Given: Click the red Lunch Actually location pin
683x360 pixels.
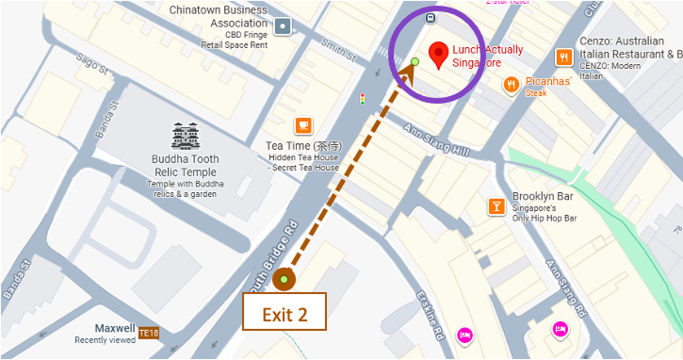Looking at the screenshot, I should (x=438, y=56).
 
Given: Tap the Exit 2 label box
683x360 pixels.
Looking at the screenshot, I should (x=285, y=313).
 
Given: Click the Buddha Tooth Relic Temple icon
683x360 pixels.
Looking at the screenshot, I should (x=186, y=137).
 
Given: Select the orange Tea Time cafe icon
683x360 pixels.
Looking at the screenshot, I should (x=302, y=125).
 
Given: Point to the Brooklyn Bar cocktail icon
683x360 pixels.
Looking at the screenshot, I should (x=496, y=206).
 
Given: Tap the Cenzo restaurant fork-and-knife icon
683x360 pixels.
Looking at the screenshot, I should (x=563, y=57).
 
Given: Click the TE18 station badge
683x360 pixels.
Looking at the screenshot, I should (x=149, y=333).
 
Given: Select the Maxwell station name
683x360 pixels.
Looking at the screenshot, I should (x=114, y=328).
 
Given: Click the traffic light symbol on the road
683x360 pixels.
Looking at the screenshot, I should (x=362, y=99).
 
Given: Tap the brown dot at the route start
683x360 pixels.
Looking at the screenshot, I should (x=284, y=279).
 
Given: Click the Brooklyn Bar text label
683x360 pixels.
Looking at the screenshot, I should (x=545, y=197).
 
